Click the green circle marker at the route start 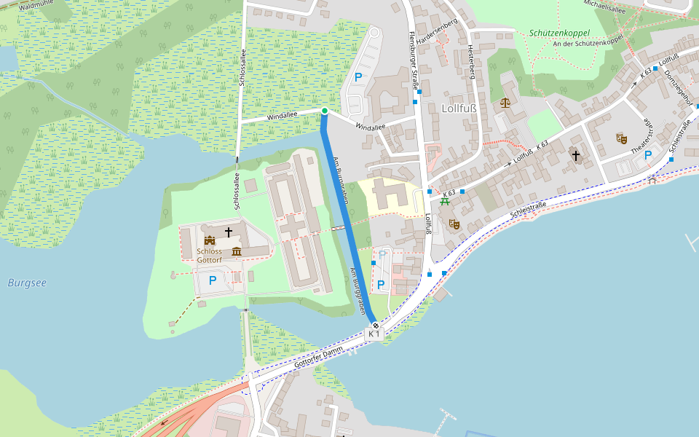[x=324, y=111]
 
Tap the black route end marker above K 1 [x=375, y=324]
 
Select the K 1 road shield [x=374, y=334]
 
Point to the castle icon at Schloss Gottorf [x=210, y=240]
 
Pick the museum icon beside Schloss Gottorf [x=236, y=252]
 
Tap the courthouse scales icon [x=505, y=103]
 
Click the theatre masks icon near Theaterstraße [x=621, y=138]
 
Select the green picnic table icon [x=444, y=201]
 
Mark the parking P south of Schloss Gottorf [x=213, y=280]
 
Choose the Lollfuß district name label [x=459, y=109]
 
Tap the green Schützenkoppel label [x=559, y=33]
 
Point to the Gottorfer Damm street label [x=319, y=356]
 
